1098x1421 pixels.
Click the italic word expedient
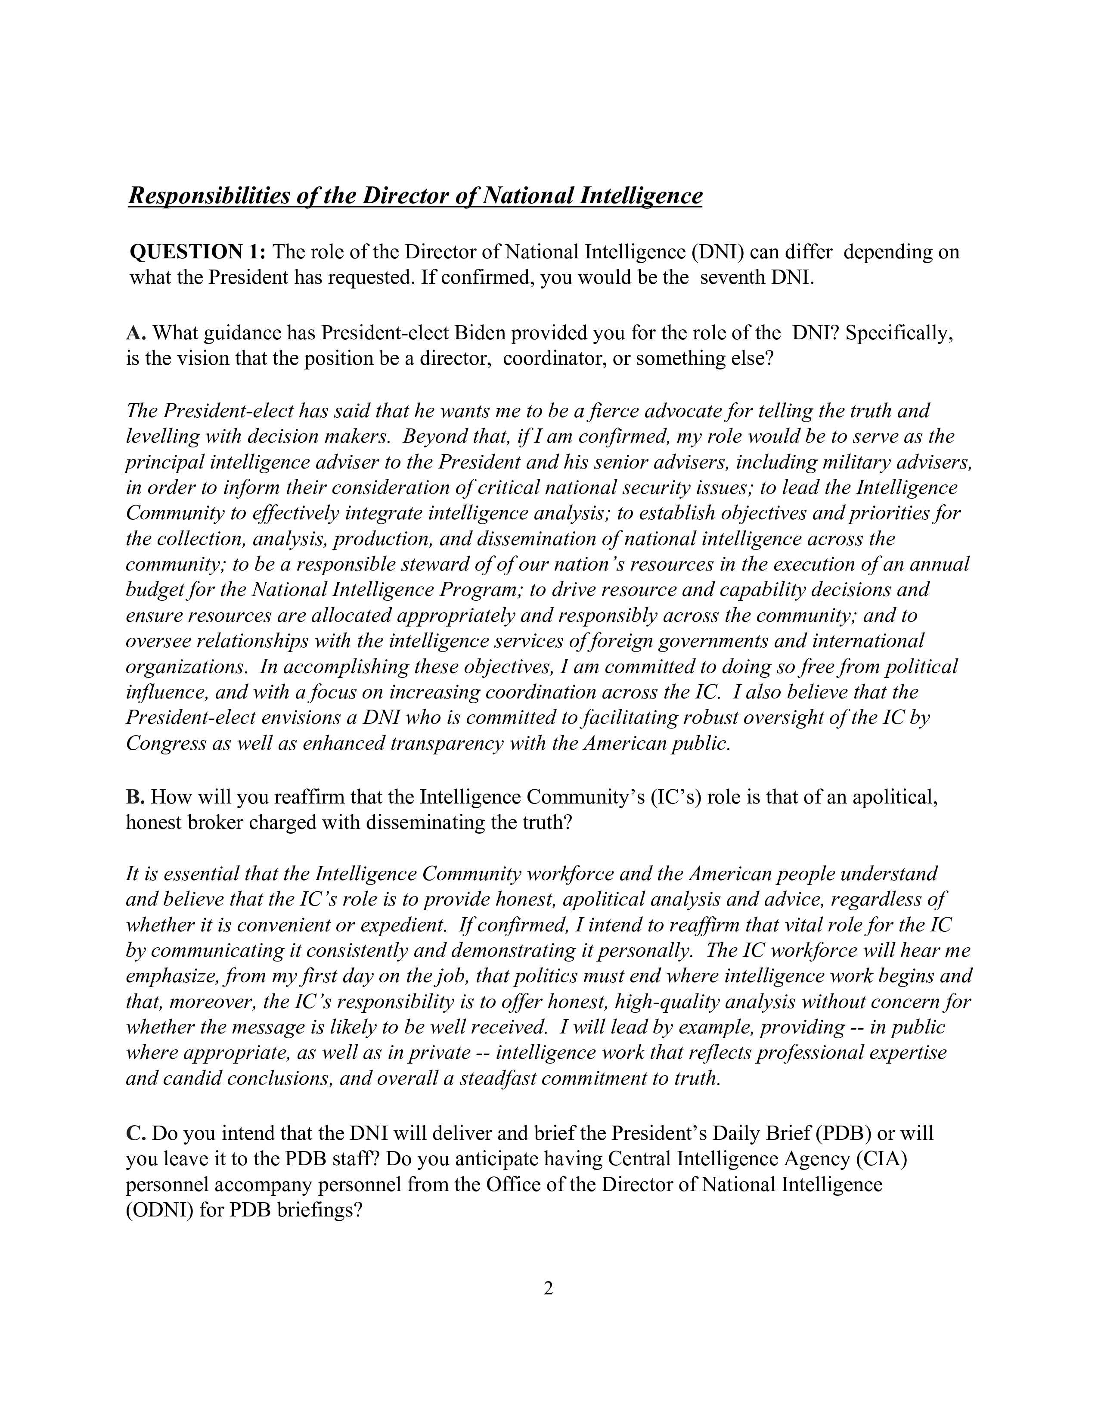[401, 925]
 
